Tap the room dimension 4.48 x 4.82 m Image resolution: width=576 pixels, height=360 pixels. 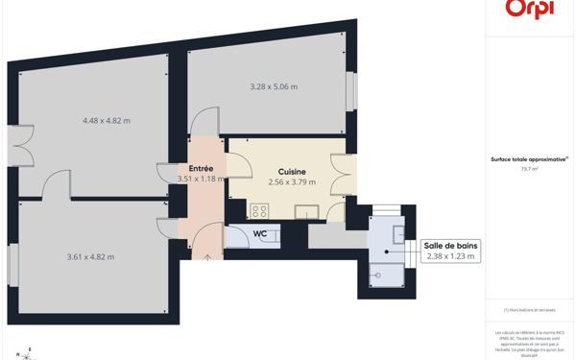click(x=106, y=121)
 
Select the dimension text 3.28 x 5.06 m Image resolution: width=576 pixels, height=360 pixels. click(x=274, y=87)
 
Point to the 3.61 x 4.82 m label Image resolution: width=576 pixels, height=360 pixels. click(x=90, y=256)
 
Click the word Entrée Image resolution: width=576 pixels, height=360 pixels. click(x=202, y=168)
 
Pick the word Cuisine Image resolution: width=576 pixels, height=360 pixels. click(x=292, y=171)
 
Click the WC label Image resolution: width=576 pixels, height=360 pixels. click(x=259, y=233)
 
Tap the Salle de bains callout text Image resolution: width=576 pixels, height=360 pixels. click(x=450, y=246)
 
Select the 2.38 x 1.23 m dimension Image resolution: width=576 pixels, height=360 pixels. click(x=450, y=256)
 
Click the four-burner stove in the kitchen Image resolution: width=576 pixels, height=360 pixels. click(x=259, y=210)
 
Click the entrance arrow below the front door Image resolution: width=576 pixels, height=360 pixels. click(x=207, y=258)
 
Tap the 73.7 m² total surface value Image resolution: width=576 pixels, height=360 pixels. click(x=529, y=168)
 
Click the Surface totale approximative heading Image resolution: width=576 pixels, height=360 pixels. click(x=529, y=159)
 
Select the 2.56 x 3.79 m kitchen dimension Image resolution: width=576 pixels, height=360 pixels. click(x=292, y=181)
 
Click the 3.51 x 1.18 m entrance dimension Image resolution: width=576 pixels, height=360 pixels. click(x=201, y=179)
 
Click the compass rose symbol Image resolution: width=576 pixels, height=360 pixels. click(x=29, y=353)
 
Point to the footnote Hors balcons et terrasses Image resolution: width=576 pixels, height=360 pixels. click(x=529, y=309)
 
